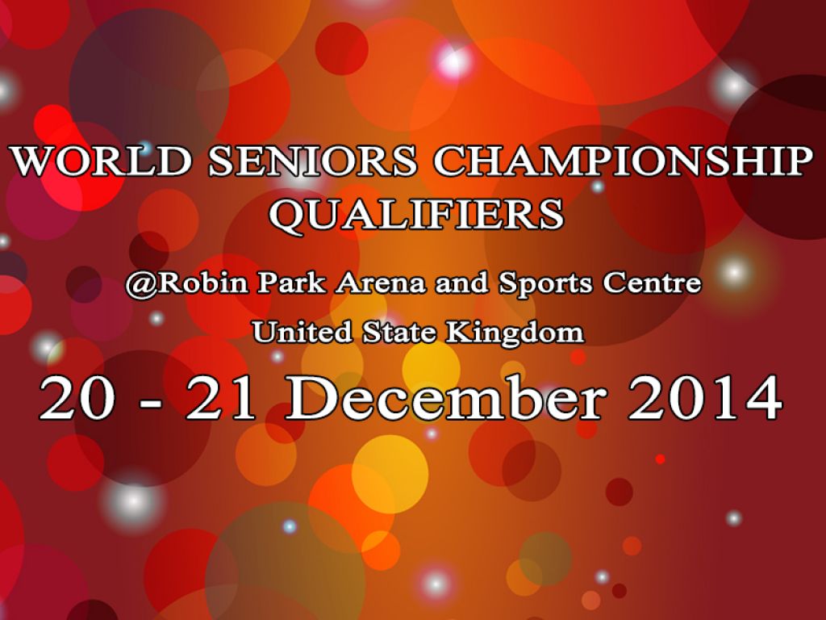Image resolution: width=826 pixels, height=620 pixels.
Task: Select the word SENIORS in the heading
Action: coord(313,161)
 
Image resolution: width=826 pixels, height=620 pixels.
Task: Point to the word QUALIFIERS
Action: coord(416,215)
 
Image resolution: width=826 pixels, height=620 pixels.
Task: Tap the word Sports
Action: coord(546,283)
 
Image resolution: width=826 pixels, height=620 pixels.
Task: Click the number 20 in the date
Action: coord(77,399)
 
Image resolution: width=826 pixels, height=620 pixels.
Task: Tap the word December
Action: coord(445,397)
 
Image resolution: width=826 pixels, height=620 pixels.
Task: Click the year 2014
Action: coord(705,399)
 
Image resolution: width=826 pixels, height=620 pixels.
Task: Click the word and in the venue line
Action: coord(462,283)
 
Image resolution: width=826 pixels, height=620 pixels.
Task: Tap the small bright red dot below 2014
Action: coord(660,459)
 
